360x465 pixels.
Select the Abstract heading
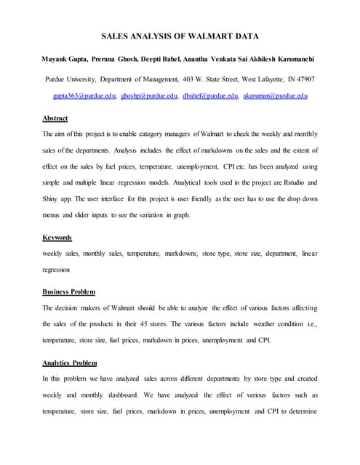point(55,118)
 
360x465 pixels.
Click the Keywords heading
point(57,238)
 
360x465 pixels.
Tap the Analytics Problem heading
point(70,362)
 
